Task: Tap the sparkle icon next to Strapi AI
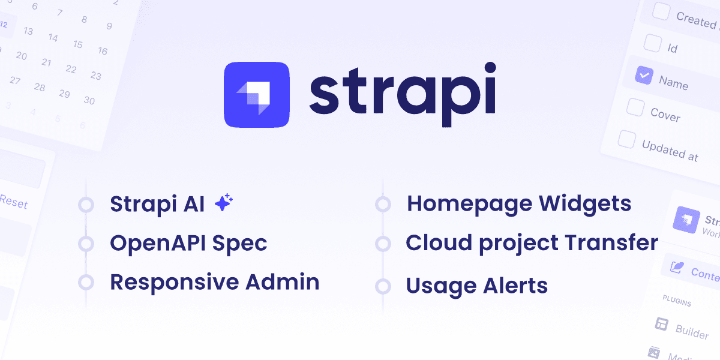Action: coord(224,203)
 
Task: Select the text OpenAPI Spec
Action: coord(188,243)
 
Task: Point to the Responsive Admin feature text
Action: coord(214,282)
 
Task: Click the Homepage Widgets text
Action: coord(518,204)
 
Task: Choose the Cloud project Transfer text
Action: coord(532,243)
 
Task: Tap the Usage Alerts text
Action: coord(476,286)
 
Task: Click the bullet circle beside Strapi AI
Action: coord(86,205)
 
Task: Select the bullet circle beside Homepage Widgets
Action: coord(383,205)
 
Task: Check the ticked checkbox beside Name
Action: coord(643,76)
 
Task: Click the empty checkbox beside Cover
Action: coord(635,107)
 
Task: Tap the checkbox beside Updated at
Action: coord(626,139)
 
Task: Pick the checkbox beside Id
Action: coord(652,43)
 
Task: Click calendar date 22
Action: coord(71,69)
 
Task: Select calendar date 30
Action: coord(89,101)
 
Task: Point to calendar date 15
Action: coord(77,44)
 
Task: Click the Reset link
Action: coord(13,202)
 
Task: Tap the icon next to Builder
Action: coord(661,324)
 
